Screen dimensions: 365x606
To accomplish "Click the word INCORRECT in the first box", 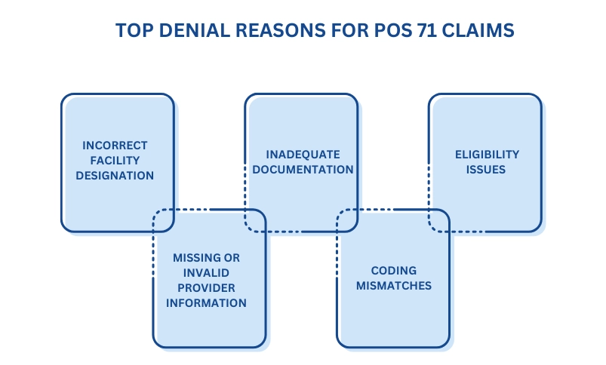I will tap(116, 145).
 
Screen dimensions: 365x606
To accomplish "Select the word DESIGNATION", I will tap(116, 175).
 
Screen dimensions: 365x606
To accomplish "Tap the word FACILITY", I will tap(116, 160).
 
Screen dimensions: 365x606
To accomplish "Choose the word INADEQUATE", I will tap(303, 154).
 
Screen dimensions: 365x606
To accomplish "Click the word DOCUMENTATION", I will tap(303, 169).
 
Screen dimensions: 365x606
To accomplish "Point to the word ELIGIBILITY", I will tap(487, 154).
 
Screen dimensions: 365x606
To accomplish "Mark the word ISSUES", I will tap(487, 169).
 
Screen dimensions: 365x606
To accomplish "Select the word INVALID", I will tap(209, 273).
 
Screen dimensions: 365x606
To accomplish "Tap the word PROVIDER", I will tap(209, 288).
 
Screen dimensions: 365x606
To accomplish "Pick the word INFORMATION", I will tap(209, 303).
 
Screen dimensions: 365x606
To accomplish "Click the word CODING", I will tap(394, 270).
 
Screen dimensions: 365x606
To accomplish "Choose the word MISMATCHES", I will tap(394, 285).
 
